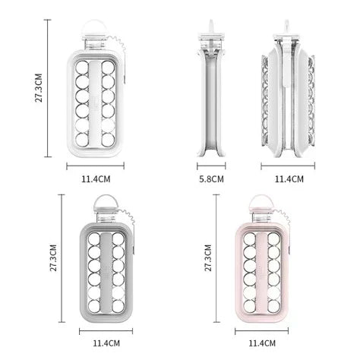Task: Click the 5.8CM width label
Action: [x=211, y=179]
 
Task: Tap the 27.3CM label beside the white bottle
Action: [x=39, y=88]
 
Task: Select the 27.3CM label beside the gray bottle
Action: [x=53, y=257]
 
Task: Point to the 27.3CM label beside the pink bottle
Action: [x=208, y=257]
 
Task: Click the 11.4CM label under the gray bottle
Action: [x=106, y=343]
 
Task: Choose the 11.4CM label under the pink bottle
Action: [x=262, y=343]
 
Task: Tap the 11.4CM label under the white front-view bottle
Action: [x=96, y=179]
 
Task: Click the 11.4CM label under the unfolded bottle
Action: [x=289, y=179]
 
